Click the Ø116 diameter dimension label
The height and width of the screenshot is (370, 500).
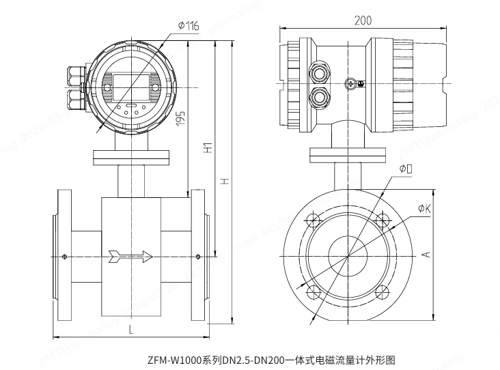tap(188, 26)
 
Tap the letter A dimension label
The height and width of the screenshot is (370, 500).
tap(424, 254)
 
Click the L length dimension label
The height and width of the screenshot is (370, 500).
tap(130, 328)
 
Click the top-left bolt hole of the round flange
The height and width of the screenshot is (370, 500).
tap(314, 220)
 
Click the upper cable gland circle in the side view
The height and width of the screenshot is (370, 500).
tap(318, 71)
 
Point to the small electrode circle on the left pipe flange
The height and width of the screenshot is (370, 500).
tap(64, 257)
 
